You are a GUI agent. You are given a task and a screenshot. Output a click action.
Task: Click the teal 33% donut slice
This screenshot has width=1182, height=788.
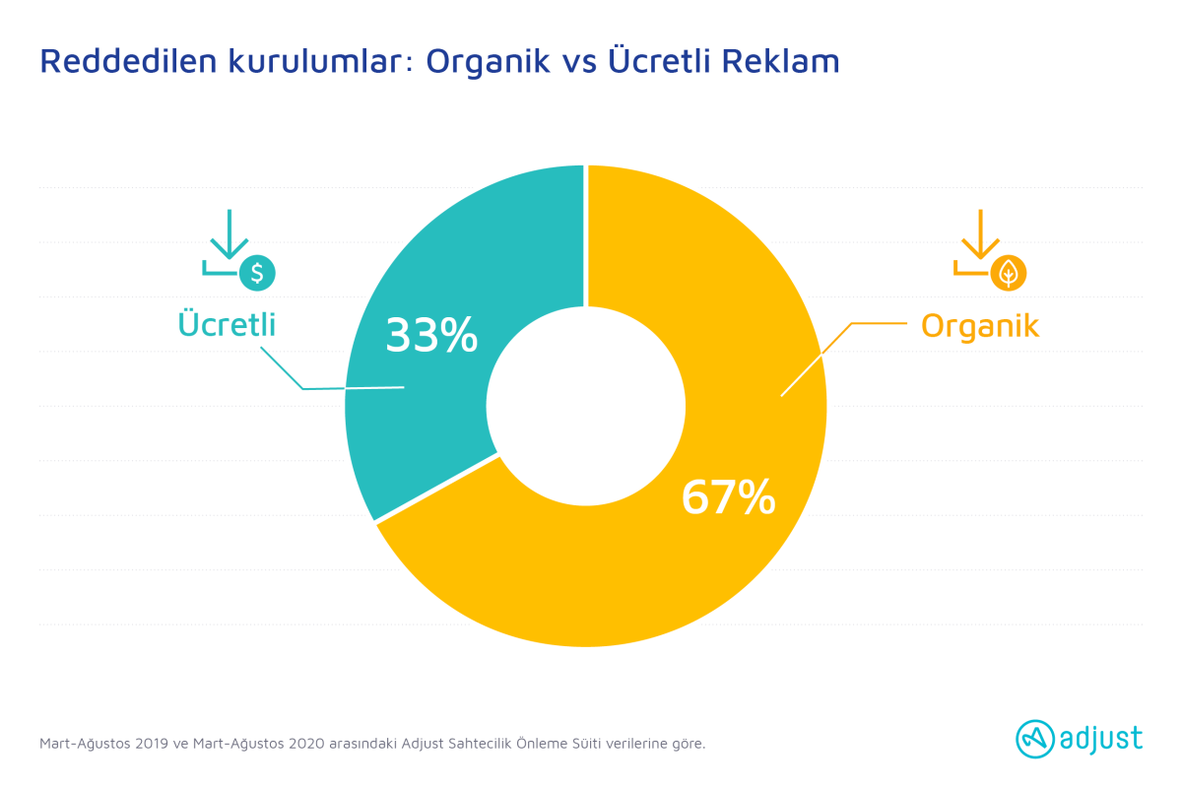click(x=417, y=401)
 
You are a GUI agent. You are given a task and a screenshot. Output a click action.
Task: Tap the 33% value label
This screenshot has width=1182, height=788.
click(x=431, y=335)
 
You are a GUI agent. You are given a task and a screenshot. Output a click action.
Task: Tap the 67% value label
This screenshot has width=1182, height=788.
click(x=728, y=496)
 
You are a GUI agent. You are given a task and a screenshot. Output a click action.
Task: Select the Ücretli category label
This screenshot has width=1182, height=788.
click(x=227, y=323)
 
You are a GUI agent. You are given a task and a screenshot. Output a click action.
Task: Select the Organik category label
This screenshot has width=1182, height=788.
click(x=980, y=326)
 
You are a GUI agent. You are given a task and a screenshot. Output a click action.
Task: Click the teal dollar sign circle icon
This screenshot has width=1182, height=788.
click(x=257, y=273)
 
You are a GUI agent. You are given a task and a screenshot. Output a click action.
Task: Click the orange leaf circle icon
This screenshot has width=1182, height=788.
click(x=1009, y=273)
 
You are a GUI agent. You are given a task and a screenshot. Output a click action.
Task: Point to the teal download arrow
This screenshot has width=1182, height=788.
click(x=230, y=234)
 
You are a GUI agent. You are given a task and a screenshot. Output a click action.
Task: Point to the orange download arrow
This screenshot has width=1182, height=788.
click(x=980, y=234)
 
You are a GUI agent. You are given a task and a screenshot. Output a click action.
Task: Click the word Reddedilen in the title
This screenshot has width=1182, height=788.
click(x=129, y=61)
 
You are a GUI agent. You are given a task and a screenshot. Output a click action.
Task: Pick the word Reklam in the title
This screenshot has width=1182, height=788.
click(x=780, y=61)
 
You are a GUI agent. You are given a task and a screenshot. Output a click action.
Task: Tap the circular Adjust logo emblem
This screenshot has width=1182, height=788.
click(x=1035, y=739)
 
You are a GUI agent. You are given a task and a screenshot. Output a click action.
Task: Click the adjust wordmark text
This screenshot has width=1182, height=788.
click(x=1101, y=739)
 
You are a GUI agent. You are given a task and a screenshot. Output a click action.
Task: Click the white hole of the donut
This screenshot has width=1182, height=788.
click(x=586, y=407)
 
